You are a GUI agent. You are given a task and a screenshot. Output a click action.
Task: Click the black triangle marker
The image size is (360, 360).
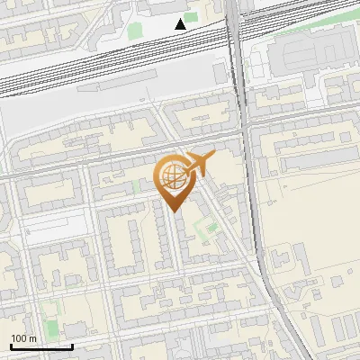pos(182,23)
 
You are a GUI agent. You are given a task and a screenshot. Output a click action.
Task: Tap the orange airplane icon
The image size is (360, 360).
pos(199,164)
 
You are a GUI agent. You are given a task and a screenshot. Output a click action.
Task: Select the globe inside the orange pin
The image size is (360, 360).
pos(174,175)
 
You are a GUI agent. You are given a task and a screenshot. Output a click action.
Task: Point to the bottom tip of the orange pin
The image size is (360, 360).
pos(174,211)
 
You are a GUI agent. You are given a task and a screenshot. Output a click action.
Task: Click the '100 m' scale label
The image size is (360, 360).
pos(23,337)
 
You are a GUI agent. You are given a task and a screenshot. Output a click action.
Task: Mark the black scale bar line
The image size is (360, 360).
pos(41,346)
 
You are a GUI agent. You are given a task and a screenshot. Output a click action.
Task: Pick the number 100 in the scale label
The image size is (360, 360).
pos(19,337)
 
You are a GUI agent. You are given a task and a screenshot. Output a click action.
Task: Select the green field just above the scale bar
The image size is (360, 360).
pos(50,314)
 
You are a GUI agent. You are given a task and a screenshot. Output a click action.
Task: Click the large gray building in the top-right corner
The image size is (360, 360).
pos(307,54)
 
